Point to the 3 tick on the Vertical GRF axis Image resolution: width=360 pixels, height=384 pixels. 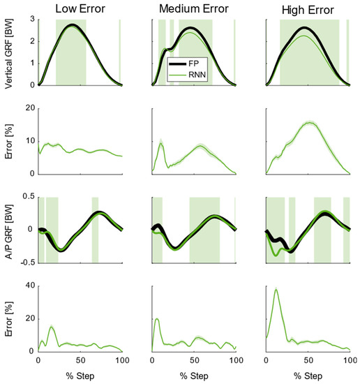pyautogui.click(x=31, y=18)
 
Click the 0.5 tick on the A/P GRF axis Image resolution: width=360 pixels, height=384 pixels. pyautogui.click(x=27, y=196)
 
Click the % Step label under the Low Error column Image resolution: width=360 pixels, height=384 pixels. pyautogui.click(x=80, y=376)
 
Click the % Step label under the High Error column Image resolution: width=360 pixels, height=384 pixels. pyautogui.click(x=308, y=376)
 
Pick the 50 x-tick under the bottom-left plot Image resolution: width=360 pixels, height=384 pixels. pyautogui.click(x=80, y=362)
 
